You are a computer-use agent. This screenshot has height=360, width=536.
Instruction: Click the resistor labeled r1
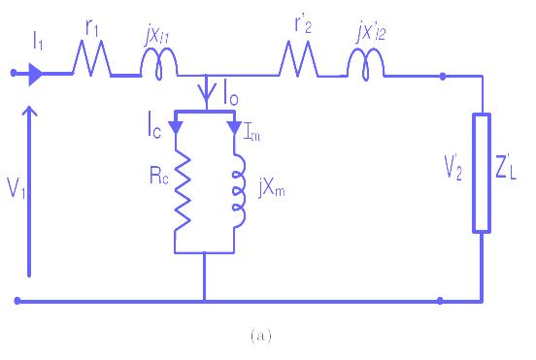coord(91,58)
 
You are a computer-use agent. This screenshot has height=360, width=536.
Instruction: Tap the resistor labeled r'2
coord(298,59)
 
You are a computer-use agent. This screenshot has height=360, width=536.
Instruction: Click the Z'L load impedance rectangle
coord(482,173)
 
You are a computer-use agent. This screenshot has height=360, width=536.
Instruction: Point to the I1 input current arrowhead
coord(36,74)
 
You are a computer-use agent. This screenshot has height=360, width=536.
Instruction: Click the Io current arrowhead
coord(207,92)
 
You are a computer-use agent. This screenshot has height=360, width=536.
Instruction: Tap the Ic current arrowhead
coord(176,128)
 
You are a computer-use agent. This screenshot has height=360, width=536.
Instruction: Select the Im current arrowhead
coord(235,128)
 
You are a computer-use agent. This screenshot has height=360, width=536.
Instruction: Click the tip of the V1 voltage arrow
coord(29,106)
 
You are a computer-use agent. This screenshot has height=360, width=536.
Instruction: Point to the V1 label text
coord(17,188)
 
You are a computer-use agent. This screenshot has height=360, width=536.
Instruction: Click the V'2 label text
coord(453,167)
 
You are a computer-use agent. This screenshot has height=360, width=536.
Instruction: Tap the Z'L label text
coord(506,167)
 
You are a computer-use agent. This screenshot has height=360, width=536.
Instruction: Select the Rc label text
coord(159,176)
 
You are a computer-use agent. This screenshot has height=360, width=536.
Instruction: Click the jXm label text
coord(272,188)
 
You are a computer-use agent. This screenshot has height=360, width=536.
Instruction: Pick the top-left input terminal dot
coord(14,73)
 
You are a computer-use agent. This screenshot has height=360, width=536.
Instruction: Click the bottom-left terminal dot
coord(17,301)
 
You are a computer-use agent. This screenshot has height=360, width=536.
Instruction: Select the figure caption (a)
coord(261,336)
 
